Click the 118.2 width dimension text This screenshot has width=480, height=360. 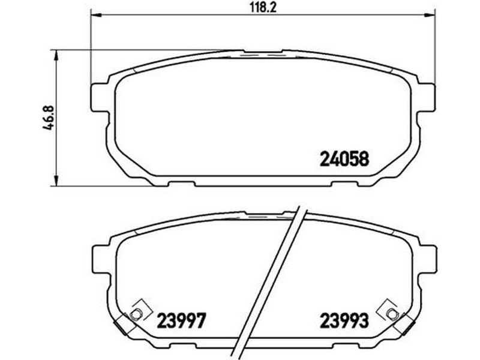pos(263,8)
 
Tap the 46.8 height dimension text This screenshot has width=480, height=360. pos(49,118)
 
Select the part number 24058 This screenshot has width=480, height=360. pos(344,159)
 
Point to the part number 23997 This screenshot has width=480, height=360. pos(181,321)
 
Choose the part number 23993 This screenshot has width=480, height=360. pos(344,321)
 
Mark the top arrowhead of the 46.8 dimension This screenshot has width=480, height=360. pos(56,55)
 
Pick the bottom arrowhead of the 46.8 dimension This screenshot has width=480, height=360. pos(56,181)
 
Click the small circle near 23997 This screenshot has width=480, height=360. pos(136,314)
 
